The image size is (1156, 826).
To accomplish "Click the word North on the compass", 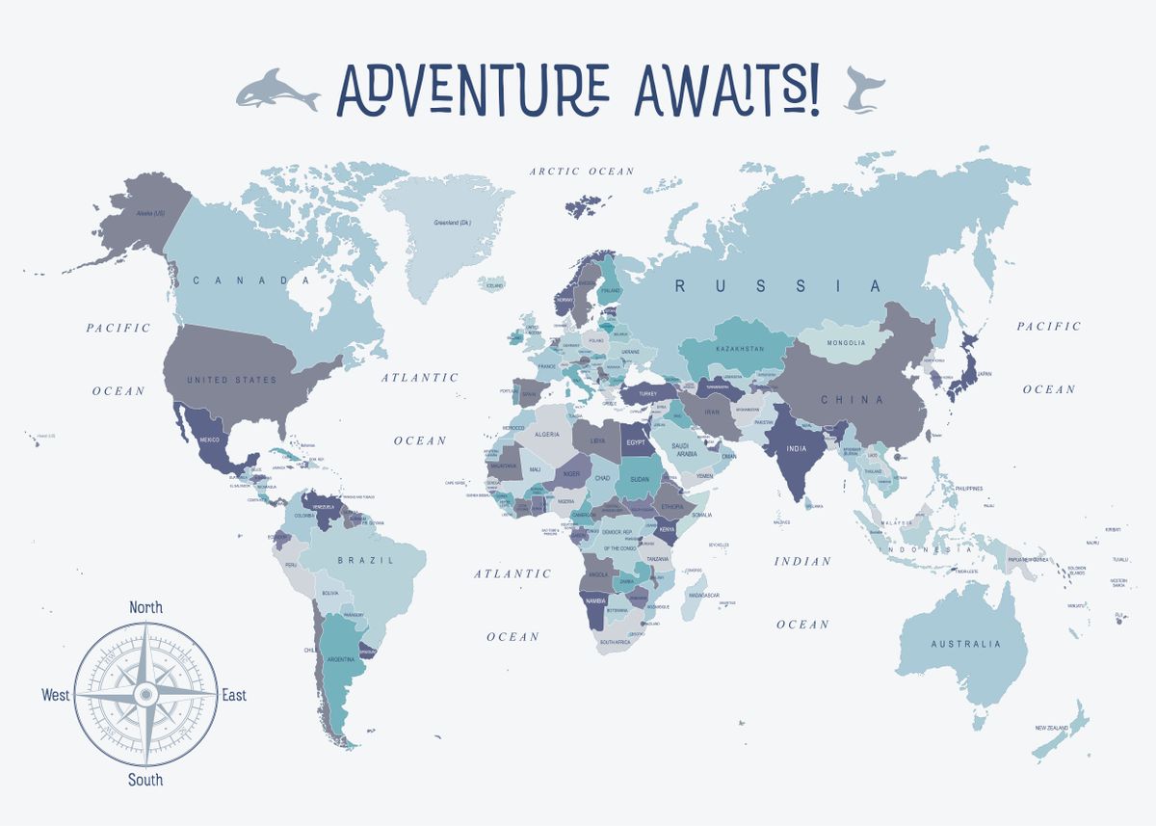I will point(145,607).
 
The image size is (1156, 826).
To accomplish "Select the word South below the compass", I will point(145,780).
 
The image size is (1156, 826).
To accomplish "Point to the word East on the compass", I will point(234,695).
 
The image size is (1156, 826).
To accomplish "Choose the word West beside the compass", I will point(56,695).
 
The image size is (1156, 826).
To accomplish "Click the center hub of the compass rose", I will point(145,693).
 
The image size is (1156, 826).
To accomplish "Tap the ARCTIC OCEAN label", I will point(582,172).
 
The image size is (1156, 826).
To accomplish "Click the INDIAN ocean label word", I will point(802,561).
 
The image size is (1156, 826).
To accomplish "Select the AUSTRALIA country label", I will point(965,644).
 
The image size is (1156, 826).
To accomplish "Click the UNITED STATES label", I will point(231,380).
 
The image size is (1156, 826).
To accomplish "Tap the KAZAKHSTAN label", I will point(740,348).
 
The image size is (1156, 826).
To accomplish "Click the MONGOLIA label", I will point(846,343).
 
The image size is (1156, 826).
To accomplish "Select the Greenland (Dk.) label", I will point(452,223).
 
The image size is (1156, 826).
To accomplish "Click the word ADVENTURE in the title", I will point(472,90).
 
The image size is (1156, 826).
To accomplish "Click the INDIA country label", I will point(796,448).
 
